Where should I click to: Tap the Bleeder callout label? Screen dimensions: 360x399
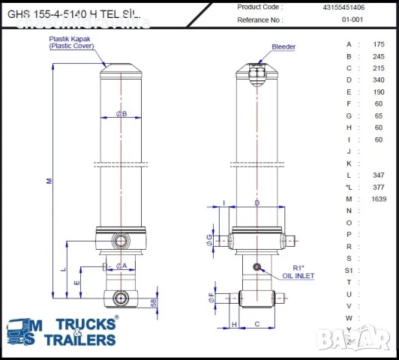click(x=283, y=46)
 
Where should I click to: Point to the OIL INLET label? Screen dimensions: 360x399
click(x=298, y=276)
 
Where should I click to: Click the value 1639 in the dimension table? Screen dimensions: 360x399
click(x=379, y=199)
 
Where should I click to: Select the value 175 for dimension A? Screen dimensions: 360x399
click(x=379, y=44)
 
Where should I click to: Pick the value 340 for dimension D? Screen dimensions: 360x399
click(x=379, y=79)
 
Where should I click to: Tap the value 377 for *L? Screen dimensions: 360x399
click(x=379, y=187)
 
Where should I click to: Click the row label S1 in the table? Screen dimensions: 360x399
click(x=348, y=270)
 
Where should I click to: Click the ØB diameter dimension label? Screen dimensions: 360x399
click(x=121, y=114)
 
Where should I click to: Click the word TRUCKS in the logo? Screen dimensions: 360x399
click(x=88, y=325)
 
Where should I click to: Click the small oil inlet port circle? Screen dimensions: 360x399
click(x=257, y=267)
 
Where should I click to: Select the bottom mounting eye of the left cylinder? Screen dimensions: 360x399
click(x=121, y=298)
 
